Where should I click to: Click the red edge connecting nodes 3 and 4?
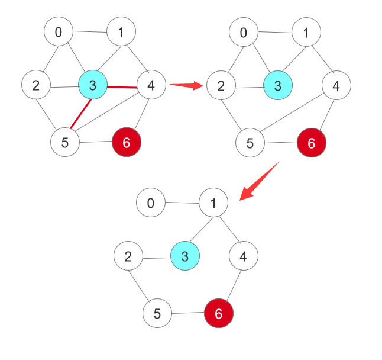pyautogui.click(x=122, y=87)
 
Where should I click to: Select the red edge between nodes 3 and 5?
pyautogui.click(x=80, y=114)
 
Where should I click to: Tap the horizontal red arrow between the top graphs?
pyautogui.click(x=186, y=85)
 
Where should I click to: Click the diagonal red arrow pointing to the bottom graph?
pyautogui.click(x=260, y=181)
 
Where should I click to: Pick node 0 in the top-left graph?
pyautogui.click(x=59, y=31)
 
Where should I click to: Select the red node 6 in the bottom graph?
pyautogui.click(x=219, y=313)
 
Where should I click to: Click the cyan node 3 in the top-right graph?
pyautogui.click(x=278, y=85)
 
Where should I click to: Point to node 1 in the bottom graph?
pyautogui.click(x=213, y=202)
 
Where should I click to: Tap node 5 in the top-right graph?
pyautogui.click(x=250, y=143)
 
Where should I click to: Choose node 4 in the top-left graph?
pyautogui.click(x=151, y=85)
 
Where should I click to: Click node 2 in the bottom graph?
pyautogui.click(x=128, y=256)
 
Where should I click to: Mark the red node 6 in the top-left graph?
pyautogui.click(x=127, y=142)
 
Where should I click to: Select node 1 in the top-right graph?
pyautogui.click(x=306, y=32)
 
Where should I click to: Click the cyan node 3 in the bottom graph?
pyautogui.click(x=185, y=256)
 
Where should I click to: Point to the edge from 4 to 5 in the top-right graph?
pyautogui.click(x=292, y=112)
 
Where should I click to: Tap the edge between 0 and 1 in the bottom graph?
pyautogui.click(x=182, y=202)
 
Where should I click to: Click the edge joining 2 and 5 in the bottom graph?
pyautogui.click(x=138, y=286)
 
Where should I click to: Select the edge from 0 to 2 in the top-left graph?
pyautogui.click(x=51, y=59)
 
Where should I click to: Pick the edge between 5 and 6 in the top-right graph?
pyautogui.click(x=281, y=142)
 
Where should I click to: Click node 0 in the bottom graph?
pyautogui.click(x=151, y=202)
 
